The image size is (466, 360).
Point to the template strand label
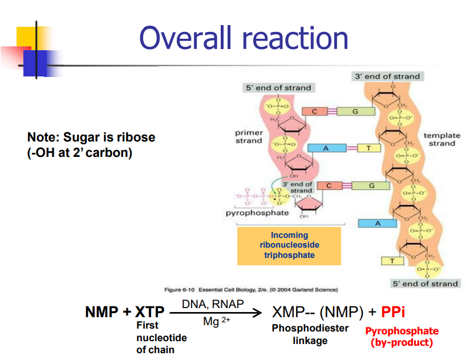pos(441,139)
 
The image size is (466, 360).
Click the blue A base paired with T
pos(326,148)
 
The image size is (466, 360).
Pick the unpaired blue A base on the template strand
pos(377,224)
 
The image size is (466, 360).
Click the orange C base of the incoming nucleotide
pos(329,186)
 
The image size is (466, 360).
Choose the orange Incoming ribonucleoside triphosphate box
pos(289,245)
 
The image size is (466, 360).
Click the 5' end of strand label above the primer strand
pos(278,88)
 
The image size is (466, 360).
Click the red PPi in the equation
pos(393,312)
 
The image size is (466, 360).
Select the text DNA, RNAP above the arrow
pos(213,304)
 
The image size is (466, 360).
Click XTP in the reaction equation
pos(149,312)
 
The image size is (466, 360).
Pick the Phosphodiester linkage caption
pos(310,335)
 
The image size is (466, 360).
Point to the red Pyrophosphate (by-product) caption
pos(402,337)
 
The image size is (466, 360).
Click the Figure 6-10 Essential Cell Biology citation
pos(251,290)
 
